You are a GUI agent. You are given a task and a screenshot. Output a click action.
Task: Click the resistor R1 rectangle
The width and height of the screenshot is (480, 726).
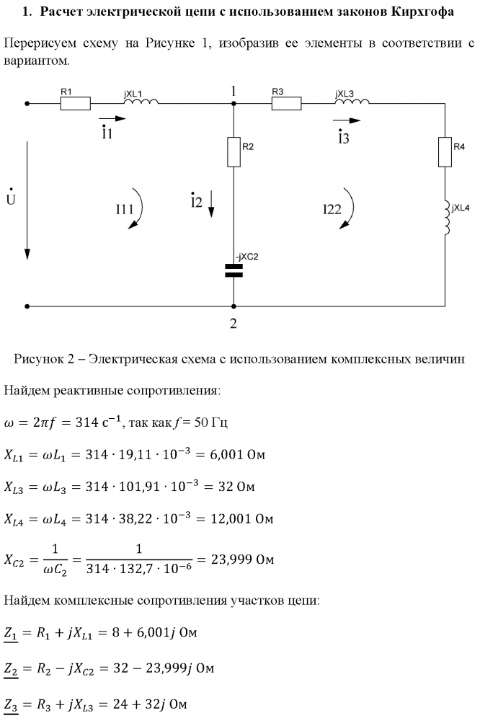[75, 103]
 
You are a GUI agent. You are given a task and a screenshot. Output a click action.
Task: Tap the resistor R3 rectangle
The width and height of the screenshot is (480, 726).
[285, 103]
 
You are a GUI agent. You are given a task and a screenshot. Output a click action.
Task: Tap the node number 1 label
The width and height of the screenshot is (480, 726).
[234, 92]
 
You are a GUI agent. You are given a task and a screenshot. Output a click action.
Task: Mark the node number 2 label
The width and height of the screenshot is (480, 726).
[233, 323]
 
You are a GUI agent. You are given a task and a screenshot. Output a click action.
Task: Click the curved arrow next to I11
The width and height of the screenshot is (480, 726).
[139, 210]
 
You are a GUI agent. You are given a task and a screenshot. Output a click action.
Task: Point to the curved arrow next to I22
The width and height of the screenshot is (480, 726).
[349, 210]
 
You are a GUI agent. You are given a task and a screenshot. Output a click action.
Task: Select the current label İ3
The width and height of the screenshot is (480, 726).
[343, 136]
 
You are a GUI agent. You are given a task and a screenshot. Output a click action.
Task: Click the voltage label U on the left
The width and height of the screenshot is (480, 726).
[11, 198]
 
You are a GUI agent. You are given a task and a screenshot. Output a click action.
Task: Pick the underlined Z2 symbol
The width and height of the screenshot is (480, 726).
[11, 669]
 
